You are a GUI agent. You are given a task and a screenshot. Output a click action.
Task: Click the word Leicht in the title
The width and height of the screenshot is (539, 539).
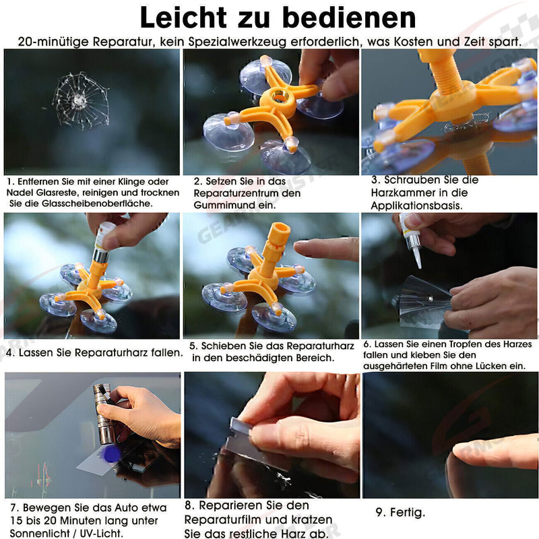tap(183, 18)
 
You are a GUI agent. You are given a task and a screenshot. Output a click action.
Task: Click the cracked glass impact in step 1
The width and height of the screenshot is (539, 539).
tap(80, 100)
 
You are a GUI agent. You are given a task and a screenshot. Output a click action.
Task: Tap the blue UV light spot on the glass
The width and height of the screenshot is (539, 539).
tap(110, 454)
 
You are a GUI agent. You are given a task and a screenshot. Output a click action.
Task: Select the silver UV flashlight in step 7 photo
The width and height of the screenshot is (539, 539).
tap(103, 414)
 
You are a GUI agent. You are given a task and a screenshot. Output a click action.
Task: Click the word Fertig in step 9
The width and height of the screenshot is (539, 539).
tap(408, 513)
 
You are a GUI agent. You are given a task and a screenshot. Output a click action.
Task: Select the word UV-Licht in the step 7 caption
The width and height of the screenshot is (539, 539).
tap(102, 534)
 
